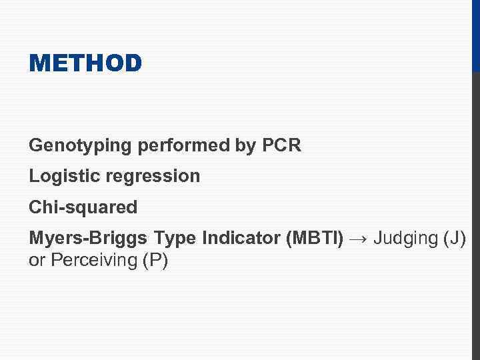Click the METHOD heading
[x=85, y=63]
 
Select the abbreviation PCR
[x=282, y=145]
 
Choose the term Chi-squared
[x=83, y=207]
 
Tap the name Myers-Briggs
[x=88, y=238]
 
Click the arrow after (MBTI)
[x=359, y=238]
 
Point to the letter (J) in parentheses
[x=454, y=238]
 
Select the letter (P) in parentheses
[x=155, y=260]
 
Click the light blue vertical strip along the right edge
[x=475, y=213]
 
